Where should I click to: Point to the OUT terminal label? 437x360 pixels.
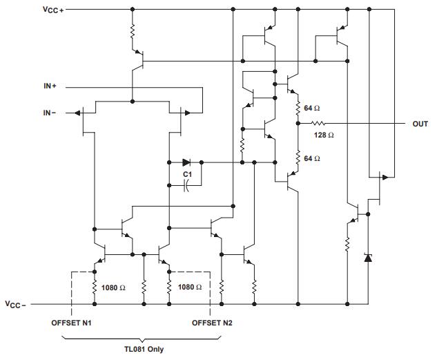click(420, 124)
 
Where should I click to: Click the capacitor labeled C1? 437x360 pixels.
click(186, 185)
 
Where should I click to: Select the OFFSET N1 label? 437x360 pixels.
click(71, 323)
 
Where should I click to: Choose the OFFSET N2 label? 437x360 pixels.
click(212, 323)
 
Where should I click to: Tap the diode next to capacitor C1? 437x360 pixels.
click(186, 163)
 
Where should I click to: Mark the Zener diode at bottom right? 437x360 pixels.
click(367, 258)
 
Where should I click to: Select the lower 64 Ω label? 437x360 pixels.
click(311, 159)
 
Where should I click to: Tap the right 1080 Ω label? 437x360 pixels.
click(189, 287)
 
